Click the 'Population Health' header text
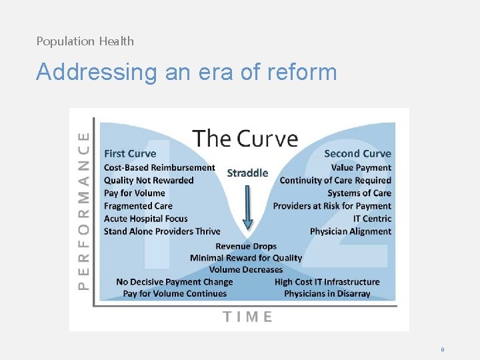tap(85, 41)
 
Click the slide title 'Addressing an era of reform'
tap(187, 71)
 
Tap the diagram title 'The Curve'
tap(245, 139)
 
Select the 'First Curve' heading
tap(130, 154)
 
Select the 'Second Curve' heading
tap(357, 154)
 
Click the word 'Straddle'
tap(247, 173)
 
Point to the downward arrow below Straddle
tap(247, 207)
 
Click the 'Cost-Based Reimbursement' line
tap(159, 168)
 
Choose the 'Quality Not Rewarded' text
tap(149, 181)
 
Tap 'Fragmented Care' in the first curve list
tap(138, 206)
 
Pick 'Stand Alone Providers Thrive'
tap(162, 231)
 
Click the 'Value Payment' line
tap(361, 168)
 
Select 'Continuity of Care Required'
tap(335, 181)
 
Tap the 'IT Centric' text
tap(372, 219)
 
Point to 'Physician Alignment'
tap(351, 231)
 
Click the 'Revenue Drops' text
tap(246, 247)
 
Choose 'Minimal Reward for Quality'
tap(246, 258)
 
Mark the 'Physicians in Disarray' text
tap(327, 294)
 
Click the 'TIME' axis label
tap(247, 317)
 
